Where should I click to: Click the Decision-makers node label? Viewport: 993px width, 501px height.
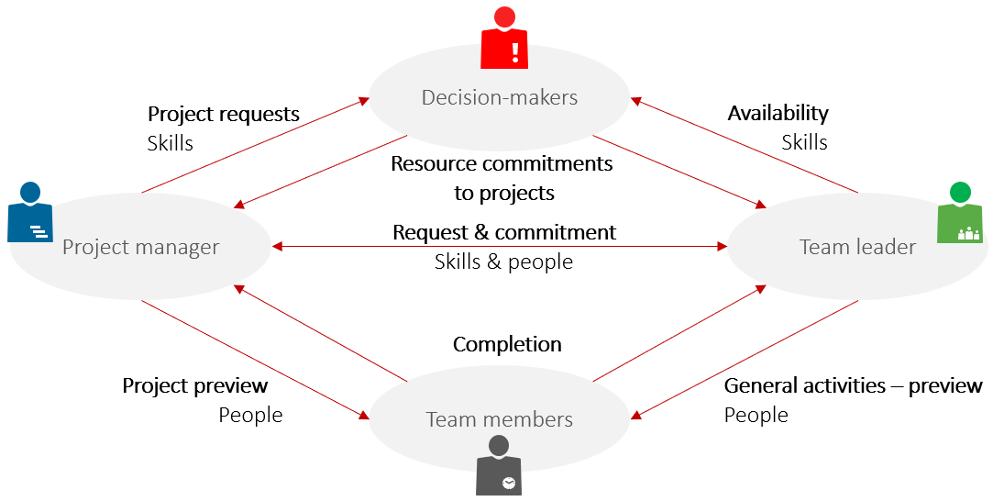point(500,97)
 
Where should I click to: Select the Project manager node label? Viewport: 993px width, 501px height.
point(140,247)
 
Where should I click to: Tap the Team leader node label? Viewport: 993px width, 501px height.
point(857,247)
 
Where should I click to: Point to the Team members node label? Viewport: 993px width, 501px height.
point(499,420)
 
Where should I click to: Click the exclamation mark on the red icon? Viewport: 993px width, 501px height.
point(515,50)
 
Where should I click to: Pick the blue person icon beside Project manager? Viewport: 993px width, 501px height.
point(30,214)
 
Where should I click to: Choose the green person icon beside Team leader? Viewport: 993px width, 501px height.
point(959,216)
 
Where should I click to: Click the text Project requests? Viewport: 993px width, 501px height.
point(224,115)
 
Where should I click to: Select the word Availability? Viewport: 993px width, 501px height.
point(778,113)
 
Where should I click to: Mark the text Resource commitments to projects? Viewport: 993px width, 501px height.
point(502,178)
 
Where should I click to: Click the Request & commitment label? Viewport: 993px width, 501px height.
point(504,232)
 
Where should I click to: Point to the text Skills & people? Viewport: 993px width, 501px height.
point(503,262)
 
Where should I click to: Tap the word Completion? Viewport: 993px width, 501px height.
point(507,344)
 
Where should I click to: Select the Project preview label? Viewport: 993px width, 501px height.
point(195,385)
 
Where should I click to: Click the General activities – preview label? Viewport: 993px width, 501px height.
point(853,385)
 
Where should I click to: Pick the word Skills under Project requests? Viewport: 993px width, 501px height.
point(170,143)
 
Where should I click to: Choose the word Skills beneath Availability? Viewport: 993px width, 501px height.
point(804,142)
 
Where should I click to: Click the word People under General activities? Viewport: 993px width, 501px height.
point(756,415)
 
